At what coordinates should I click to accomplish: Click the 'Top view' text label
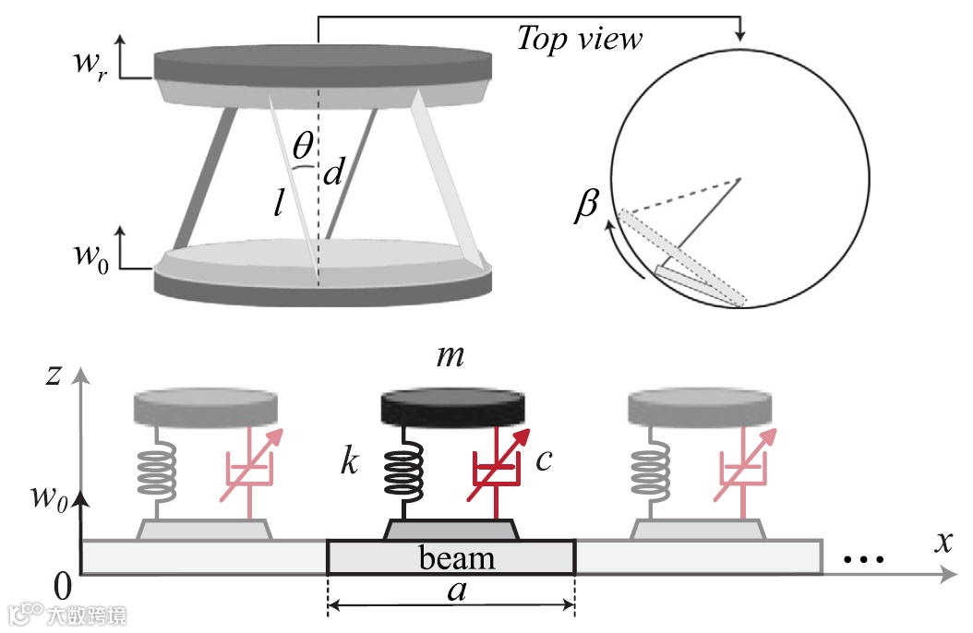579,39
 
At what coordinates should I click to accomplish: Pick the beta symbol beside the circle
586,207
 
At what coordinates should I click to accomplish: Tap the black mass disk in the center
452,407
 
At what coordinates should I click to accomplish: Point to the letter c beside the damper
544,459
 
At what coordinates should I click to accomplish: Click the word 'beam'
457,558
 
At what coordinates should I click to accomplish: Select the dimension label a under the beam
455,591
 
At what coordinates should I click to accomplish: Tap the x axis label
943,543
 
